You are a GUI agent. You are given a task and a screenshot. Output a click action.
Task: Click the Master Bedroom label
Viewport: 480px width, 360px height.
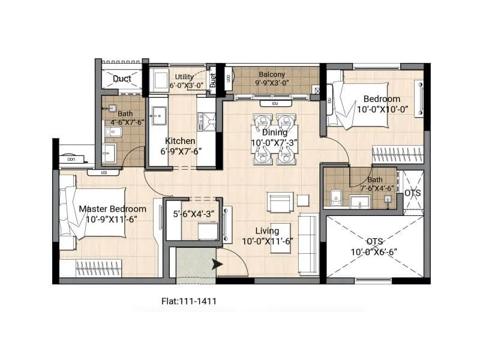[112, 209]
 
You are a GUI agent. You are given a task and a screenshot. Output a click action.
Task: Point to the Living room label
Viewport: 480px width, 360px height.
[267, 231]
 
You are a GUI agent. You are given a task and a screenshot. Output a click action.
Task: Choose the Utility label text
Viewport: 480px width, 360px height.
[184, 77]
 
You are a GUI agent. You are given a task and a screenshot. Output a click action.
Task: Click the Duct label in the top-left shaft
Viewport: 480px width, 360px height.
[122, 79]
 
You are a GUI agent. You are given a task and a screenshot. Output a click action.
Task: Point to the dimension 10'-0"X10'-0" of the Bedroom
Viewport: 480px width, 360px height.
[382, 109]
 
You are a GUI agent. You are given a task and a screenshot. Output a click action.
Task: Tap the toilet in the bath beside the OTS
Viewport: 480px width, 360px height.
[336, 197]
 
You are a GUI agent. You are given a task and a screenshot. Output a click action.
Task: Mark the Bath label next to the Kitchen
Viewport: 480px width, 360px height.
[125, 113]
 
